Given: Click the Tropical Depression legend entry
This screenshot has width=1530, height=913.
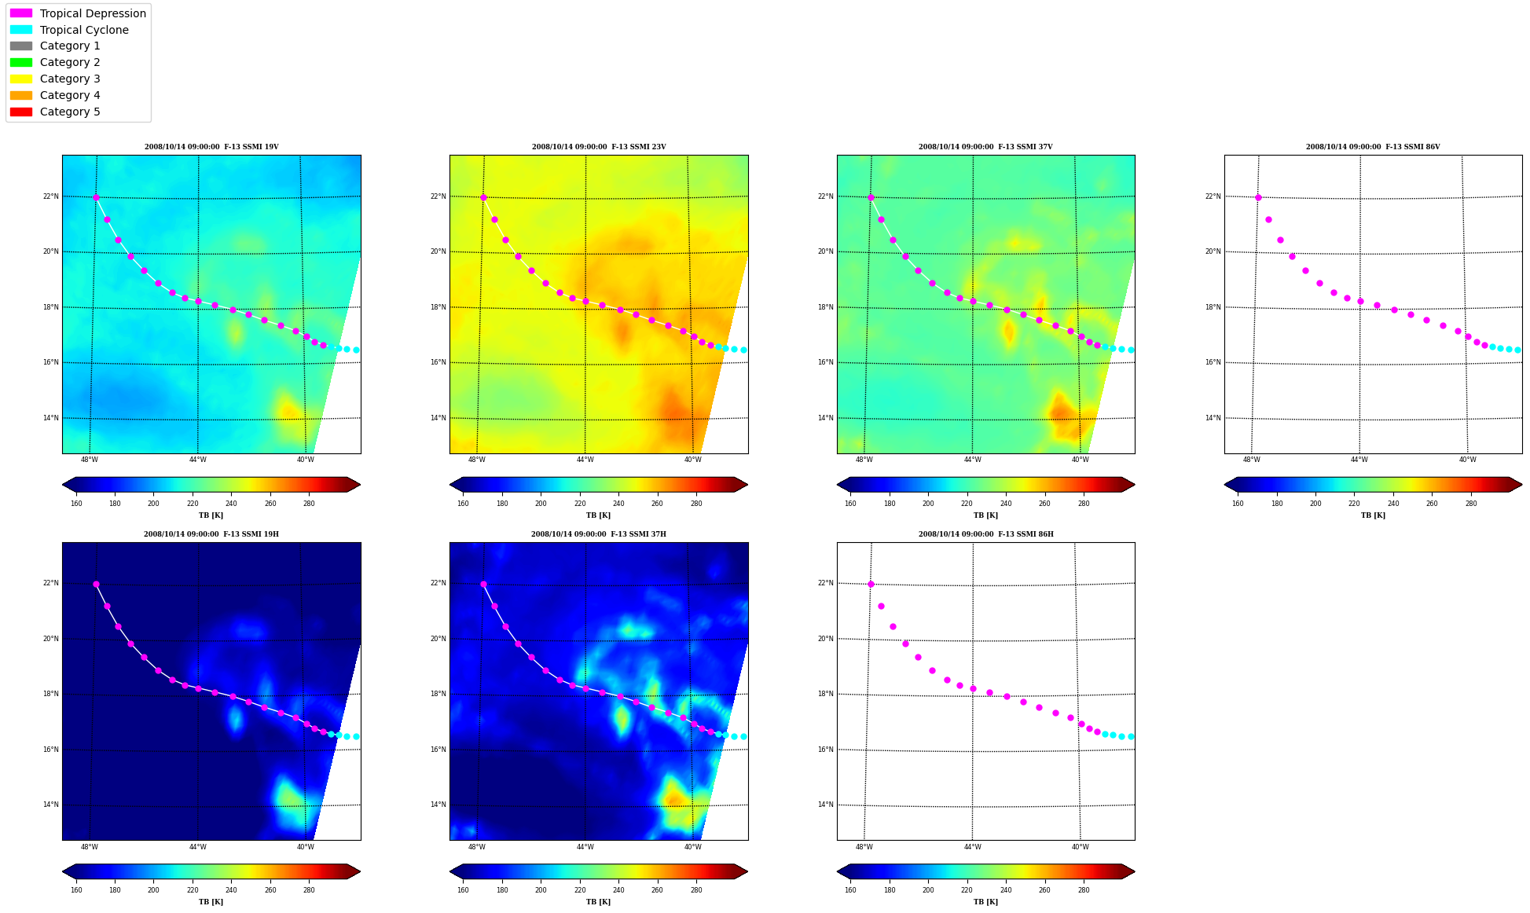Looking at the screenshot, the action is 78,13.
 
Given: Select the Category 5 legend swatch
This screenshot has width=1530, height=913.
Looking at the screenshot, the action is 21,112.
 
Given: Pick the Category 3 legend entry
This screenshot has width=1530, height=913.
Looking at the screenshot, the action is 55,79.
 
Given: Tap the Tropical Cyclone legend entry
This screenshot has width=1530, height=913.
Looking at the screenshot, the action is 69,30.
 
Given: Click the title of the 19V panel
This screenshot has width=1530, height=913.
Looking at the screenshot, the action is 211,147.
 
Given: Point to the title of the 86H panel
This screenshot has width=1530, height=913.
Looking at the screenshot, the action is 986,534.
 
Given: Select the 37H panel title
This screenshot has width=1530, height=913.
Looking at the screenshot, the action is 599,534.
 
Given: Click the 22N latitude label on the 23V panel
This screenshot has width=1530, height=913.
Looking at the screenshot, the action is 438,196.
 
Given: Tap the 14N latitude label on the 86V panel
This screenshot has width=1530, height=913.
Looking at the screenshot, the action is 1213,418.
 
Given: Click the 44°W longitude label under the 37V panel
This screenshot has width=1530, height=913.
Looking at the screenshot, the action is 972,460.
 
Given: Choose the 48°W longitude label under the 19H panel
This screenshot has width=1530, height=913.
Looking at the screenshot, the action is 90,846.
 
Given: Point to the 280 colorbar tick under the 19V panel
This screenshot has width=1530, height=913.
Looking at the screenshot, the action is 309,504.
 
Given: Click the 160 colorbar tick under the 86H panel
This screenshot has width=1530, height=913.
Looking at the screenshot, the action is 850,890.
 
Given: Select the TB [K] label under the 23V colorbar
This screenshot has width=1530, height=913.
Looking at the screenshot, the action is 598,515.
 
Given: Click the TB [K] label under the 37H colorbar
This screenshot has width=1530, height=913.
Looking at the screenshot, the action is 598,902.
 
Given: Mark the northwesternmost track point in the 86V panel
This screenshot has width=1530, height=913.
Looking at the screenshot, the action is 1258,197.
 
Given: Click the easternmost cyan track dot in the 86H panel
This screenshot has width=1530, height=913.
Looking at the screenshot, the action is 1131,736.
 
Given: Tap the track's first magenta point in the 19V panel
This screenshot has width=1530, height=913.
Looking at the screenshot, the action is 96,197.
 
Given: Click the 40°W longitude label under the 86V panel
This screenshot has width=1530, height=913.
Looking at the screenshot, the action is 1467,460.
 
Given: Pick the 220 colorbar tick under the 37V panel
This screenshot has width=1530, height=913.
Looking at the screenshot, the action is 967,504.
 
